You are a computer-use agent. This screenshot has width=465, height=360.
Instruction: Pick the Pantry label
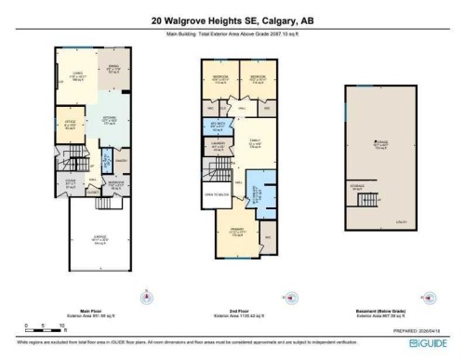coord(120,161)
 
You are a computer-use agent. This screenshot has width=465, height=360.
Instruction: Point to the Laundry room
coord(218,146)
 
